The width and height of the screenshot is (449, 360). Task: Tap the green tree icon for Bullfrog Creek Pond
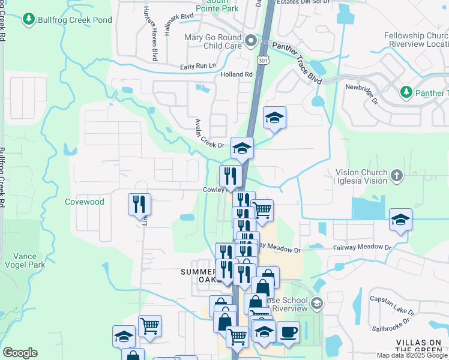[28, 20]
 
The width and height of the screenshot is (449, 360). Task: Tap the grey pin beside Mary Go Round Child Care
[250, 41]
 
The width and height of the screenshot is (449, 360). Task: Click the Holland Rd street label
[237, 74]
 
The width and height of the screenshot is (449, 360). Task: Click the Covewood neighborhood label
[85, 202]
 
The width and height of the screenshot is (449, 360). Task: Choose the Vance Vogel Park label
[25, 260]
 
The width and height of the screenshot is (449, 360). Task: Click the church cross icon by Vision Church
[396, 176]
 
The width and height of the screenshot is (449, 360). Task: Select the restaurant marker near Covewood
[139, 204]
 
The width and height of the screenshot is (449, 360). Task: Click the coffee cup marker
[288, 332]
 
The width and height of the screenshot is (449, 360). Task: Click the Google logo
[20, 353]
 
